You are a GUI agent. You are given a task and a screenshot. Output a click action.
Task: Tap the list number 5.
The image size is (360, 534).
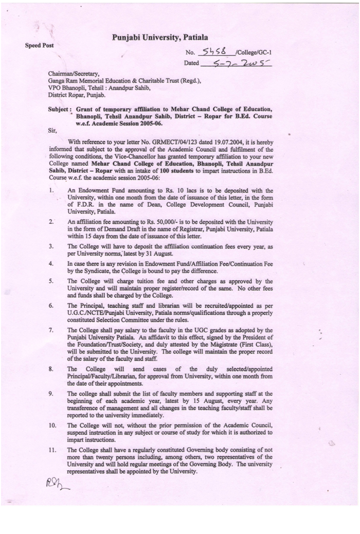click(51, 281)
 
